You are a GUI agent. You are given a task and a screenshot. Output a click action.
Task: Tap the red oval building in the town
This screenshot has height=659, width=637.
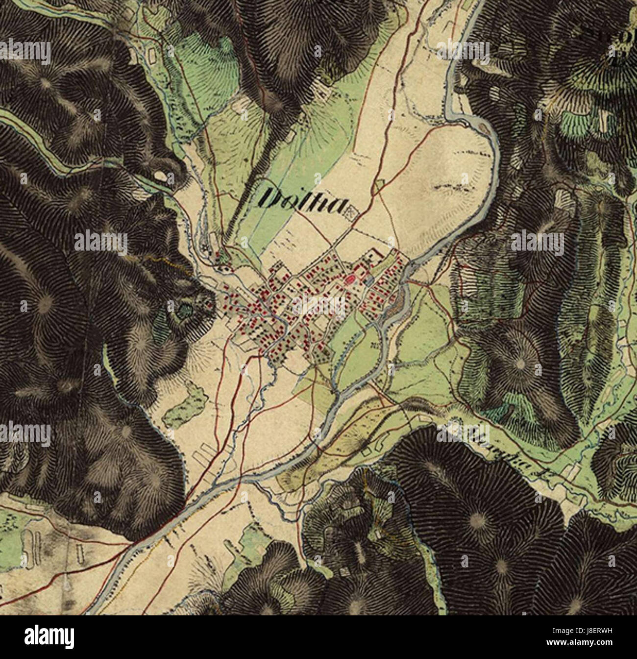coord(349,280)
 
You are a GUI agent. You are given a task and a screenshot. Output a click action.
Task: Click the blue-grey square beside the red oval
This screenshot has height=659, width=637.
coord(368,280)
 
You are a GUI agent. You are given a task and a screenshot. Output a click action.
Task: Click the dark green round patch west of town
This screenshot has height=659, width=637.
coord(186,309)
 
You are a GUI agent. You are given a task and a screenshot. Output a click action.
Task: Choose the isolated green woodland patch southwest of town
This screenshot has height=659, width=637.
coord(184,402)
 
